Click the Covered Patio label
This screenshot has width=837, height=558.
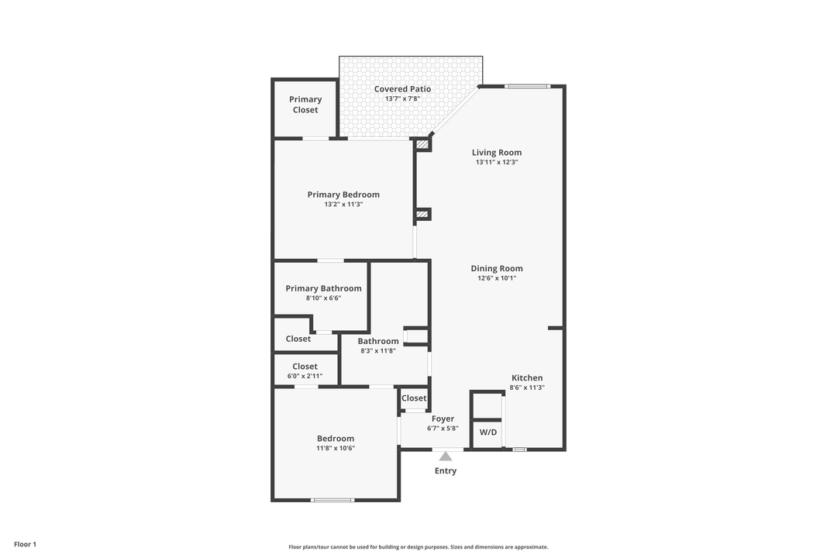coord(402,89)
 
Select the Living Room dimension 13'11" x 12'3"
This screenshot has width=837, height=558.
coord(497,163)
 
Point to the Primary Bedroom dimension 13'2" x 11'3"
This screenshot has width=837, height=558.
coord(343,205)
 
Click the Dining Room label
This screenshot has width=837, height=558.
coord(497,268)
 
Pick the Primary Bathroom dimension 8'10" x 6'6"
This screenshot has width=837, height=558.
coord(323,298)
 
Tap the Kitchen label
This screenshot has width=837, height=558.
coord(527,377)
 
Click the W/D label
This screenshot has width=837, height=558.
coord(487,432)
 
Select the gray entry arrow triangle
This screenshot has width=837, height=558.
coord(446,456)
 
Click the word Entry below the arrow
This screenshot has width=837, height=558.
coord(446,471)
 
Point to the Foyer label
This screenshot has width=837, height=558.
coord(443,418)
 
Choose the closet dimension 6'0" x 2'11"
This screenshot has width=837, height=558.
coord(305,377)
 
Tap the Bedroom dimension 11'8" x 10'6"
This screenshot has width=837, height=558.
coord(336,449)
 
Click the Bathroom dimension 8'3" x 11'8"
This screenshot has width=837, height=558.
coord(378,351)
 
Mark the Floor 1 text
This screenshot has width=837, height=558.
coord(25,544)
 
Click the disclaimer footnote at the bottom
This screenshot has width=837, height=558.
coord(418,547)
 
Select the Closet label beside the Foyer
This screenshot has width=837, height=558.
coord(414,398)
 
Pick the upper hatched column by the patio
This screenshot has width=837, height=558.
coord(422,144)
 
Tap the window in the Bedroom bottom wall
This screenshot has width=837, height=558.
coord(332,500)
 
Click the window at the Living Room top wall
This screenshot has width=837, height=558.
coord(528,86)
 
